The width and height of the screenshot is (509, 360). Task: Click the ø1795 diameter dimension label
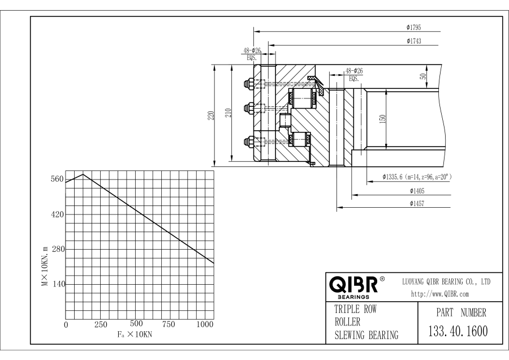413,28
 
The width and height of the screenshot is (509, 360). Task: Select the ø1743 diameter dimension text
413,41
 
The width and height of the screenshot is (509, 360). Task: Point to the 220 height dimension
211,115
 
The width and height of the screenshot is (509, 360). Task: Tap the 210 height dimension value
228,113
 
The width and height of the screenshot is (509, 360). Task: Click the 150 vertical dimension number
382,119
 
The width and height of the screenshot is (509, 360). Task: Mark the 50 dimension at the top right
422,76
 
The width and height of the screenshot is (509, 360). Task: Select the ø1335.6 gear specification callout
417,177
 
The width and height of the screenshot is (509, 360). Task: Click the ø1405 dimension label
417,191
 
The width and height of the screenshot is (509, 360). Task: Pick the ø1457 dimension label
417,204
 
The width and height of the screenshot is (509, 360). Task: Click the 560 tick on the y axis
57,179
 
